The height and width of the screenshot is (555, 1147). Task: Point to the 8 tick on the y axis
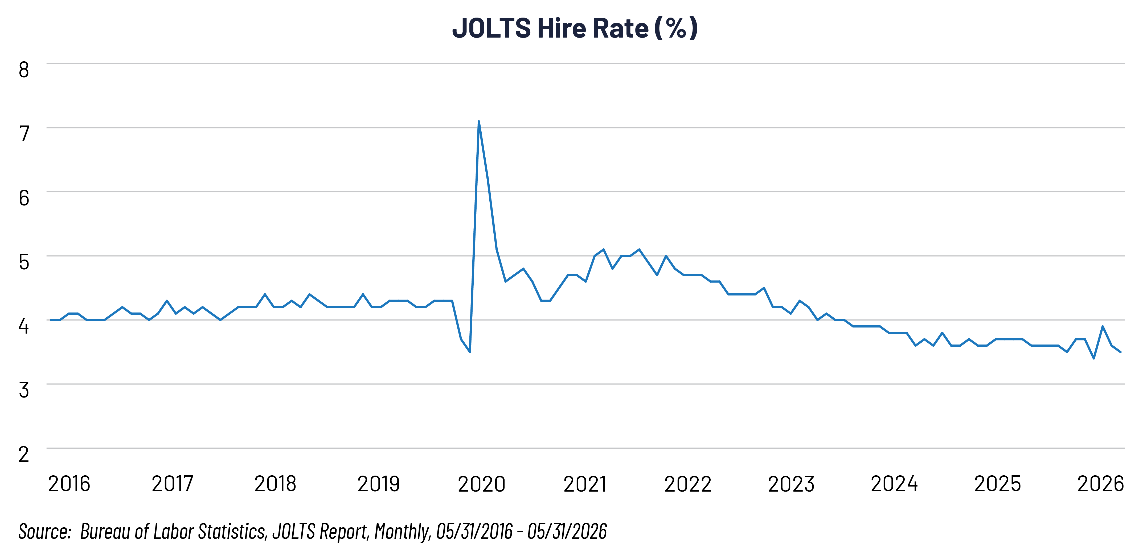[x=24, y=70]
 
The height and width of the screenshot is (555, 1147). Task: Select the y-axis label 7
[x=24, y=134]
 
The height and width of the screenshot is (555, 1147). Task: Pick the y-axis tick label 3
[x=24, y=390]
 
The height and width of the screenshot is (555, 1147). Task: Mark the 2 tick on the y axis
[x=24, y=454]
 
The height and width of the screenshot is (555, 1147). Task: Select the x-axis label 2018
[x=275, y=484]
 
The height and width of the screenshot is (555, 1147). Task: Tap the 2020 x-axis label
[x=481, y=484]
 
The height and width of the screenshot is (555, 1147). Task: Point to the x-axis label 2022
[x=688, y=484]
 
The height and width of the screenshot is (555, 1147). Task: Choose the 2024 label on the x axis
[x=894, y=484]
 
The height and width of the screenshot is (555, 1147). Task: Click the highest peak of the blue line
[x=479, y=121]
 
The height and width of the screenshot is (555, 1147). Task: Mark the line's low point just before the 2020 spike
[x=470, y=352]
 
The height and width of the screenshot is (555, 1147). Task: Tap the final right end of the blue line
[x=1120, y=352]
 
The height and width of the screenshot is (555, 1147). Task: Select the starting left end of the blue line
[x=51, y=320]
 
